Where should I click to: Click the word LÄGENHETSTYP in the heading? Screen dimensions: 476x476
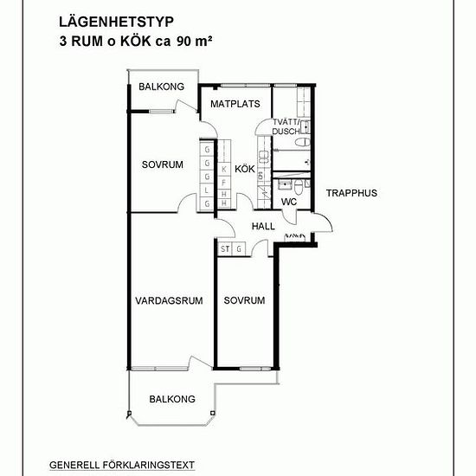pyautogui.click(x=116, y=23)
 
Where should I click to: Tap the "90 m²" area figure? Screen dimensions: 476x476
pyautogui.click(x=194, y=42)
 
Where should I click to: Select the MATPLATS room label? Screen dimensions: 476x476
pyautogui.click(x=235, y=104)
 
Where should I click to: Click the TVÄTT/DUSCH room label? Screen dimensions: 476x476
pyautogui.click(x=286, y=127)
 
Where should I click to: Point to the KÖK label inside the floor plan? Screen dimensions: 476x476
pyautogui.click(x=245, y=169)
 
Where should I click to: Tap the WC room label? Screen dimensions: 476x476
pyautogui.click(x=289, y=202)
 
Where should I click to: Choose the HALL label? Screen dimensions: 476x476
pyautogui.click(x=263, y=226)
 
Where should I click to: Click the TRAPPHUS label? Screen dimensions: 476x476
pyautogui.click(x=351, y=193)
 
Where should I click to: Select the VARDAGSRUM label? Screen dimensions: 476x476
pyautogui.click(x=169, y=301)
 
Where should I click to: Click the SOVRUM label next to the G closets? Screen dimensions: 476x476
pyautogui.click(x=163, y=164)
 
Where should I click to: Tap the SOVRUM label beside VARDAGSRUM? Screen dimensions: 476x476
pyautogui.click(x=244, y=300)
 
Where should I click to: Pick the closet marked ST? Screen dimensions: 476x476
pyautogui.click(x=225, y=249)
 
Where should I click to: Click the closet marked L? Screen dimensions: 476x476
pyautogui.click(x=207, y=190)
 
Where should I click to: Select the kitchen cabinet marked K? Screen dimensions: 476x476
pyautogui.click(x=224, y=170)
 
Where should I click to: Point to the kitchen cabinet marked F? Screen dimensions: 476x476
pyautogui.click(x=224, y=183)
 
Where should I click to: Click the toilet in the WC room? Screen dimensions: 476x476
pyautogui.click(x=299, y=187)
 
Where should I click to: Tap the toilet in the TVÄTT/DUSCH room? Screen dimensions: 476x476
pyautogui.click(x=303, y=142)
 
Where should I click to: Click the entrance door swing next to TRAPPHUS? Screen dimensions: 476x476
pyautogui.click(x=323, y=222)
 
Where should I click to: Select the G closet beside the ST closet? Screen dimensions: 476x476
pyautogui.click(x=239, y=249)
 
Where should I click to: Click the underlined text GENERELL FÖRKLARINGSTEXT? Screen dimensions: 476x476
pyautogui.click(x=122, y=465)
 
